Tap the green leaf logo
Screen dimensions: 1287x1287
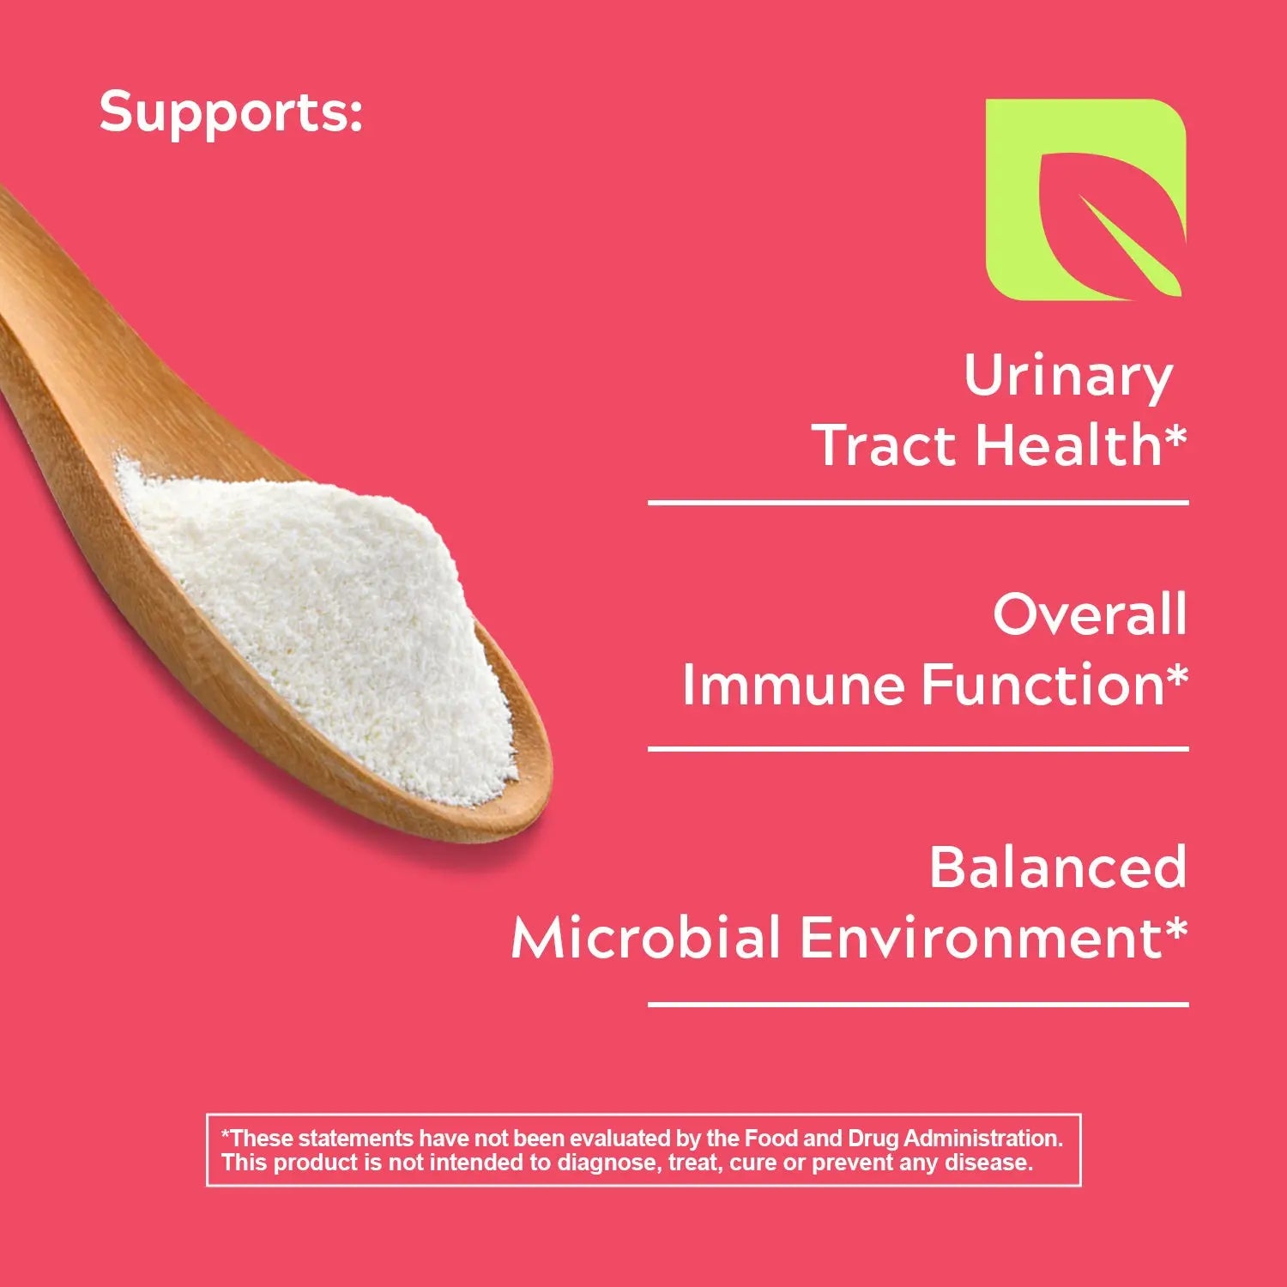[x=1085, y=199]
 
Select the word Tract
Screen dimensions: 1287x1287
[x=889, y=446]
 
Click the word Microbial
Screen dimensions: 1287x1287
[x=647, y=937]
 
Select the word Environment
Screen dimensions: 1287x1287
[x=981, y=937]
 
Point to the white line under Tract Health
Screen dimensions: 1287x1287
[x=918, y=502]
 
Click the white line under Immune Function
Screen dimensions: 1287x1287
[x=918, y=749]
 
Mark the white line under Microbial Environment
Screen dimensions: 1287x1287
[x=918, y=1003]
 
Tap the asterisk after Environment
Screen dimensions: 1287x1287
[x=1176, y=929]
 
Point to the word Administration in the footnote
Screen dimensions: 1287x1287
[x=983, y=1139]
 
